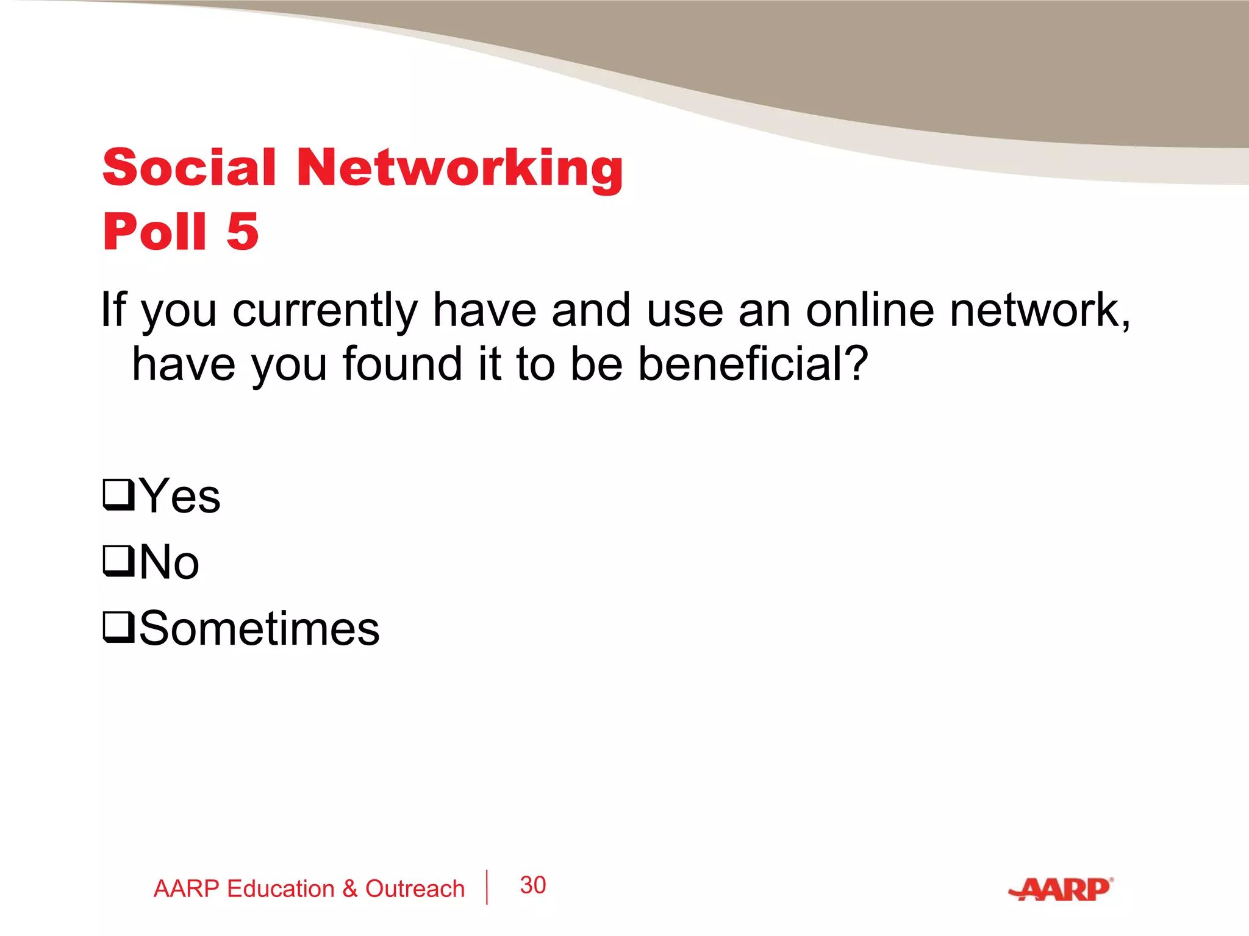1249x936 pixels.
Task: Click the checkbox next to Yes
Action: [118, 495]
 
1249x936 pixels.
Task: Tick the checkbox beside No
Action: [118, 561]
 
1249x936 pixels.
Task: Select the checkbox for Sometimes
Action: [118, 628]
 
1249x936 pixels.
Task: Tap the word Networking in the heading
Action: [460, 168]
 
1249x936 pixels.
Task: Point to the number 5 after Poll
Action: [243, 232]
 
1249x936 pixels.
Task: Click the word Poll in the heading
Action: [155, 232]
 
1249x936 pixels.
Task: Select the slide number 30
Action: [532, 885]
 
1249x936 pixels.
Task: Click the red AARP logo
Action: [1061, 889]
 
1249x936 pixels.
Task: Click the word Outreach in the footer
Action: [415, 889]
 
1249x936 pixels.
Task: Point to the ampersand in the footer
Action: [349, 889]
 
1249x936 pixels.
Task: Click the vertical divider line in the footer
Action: [487, 887]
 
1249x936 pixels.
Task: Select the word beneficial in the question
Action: [752, 364]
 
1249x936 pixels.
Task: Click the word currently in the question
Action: [324, 311]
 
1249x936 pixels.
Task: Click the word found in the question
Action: [402, 364]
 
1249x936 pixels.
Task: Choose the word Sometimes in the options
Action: [259, 629]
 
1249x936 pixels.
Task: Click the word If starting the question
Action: [114, 310]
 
